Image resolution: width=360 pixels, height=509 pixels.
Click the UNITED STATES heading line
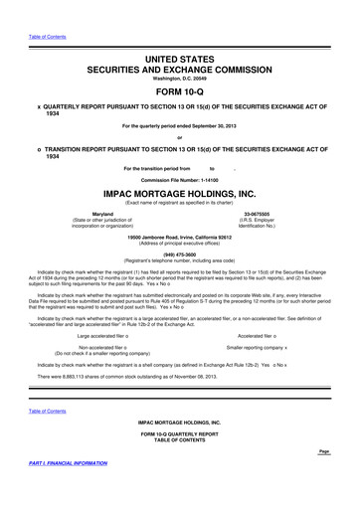pos(180,34)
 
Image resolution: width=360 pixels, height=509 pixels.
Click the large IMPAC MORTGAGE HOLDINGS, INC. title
pos(180,195)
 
